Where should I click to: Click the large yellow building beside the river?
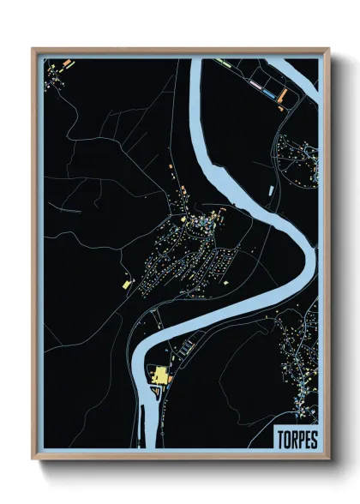159,375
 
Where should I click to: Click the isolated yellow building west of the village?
125,282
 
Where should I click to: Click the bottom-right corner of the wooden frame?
327,459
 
